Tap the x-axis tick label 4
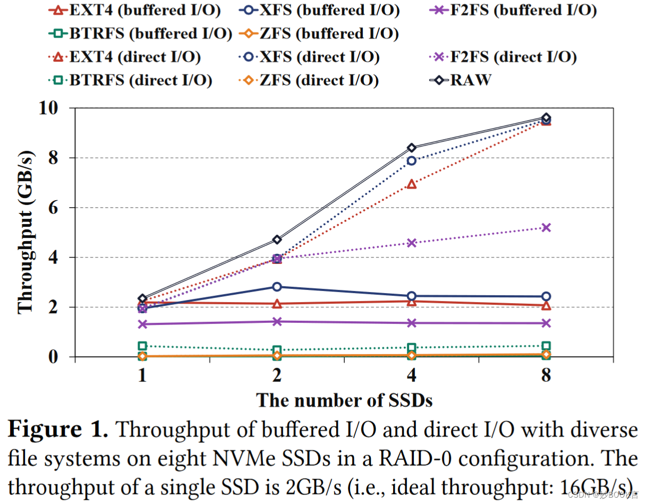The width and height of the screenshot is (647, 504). (x=412, y=376)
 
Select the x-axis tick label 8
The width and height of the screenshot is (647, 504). (x=546, y=376)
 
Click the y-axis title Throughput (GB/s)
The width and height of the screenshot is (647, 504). (x=25, y=232)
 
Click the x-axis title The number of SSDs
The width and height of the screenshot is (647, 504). (x=344, y=400)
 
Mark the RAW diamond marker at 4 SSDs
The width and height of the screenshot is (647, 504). (x=412, y=148)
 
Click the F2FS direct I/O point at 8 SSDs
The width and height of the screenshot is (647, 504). (x=546, y=227)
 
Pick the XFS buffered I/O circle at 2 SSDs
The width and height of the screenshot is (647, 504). (x=277, y=287)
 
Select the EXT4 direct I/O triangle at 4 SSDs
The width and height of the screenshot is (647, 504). (x=412, y=184)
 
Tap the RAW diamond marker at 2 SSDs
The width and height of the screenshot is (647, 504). (x=277, y=240)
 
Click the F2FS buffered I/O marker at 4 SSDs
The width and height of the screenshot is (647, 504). (x=412, y=323)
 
